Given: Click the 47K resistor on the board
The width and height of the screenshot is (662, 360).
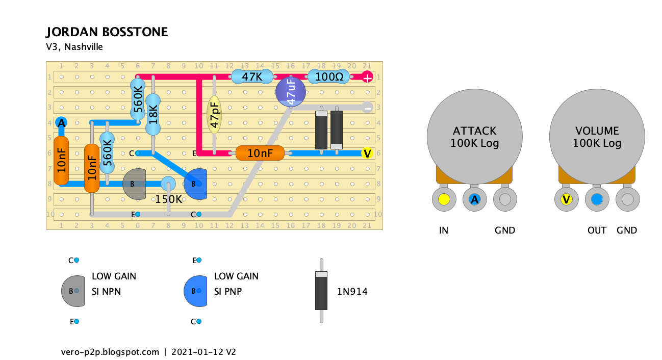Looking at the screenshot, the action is pyautogui.click(x=252, y=77).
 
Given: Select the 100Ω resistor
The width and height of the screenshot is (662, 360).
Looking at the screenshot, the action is pyautogui.click(x=329, y=77).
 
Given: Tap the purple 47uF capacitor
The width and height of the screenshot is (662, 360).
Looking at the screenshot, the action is pyautogui.click(x=291, y=92).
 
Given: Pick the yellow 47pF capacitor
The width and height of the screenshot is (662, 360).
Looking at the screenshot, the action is pyautogui.click(x=214, y=115).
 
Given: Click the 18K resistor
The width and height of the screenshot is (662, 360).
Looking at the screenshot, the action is pyautogui.click(x=153, y=114).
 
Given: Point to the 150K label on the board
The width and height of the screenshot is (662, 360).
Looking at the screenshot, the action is pyautogui.click(x=168, y=199).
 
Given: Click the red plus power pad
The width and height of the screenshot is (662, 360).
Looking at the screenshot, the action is pyautogui.click(x=367, y=77).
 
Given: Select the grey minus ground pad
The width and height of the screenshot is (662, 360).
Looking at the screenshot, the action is pyautogui.click(x=367, y=107).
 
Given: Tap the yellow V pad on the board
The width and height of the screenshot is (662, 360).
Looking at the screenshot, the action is pyautogui.click(x=367, y=153).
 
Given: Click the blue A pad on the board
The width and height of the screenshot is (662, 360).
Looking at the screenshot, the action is pyautogui.click(x=61, y=123).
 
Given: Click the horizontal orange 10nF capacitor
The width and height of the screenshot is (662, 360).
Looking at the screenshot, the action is pyautogui.click(x=260, y=153).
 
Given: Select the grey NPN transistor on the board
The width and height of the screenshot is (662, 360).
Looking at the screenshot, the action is pyautogui.click(x=135, y=184).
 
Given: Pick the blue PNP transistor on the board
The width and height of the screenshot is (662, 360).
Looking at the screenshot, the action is pyautogui.click(x=195, y=184).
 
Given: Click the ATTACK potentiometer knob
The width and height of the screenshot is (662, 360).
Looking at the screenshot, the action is pyautogui.click(x=475, y=137).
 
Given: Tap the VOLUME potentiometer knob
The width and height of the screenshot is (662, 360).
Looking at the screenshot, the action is pyautogui.click(x=597, y=137).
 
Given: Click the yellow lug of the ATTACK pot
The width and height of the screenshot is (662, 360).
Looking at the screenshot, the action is pyautogui.click(x=444, y=199).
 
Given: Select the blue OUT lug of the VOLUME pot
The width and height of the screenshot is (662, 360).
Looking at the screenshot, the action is pyautogui.click(x=597, y=199).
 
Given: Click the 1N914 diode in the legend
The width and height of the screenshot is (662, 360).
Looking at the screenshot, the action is pyautogui.click(x=321, y=291).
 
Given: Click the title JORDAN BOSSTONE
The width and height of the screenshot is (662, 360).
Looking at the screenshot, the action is pyautogui.click(x=107, y=32).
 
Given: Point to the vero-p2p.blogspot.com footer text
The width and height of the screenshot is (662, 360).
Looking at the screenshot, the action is pyautogui.click(x=110, y=352).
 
